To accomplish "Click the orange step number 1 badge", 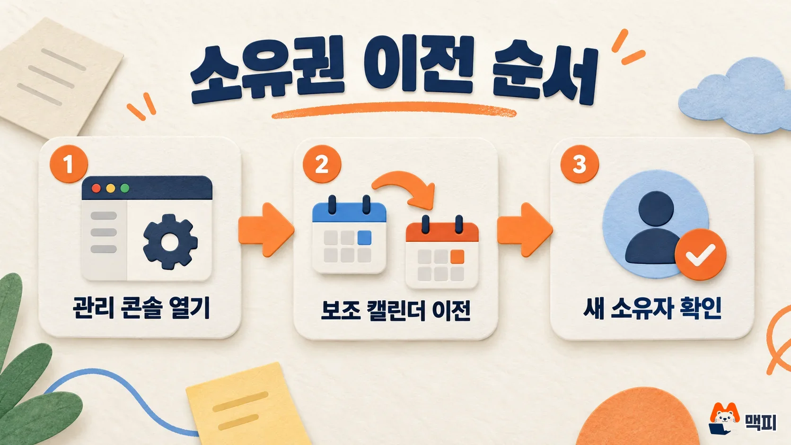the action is point(69,164).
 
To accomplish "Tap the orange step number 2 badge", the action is point(322,164).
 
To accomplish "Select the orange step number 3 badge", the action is point(580,164).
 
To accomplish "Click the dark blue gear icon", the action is point(170,242).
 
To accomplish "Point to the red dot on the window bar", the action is point(96,188).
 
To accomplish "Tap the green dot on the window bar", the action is point(124,188).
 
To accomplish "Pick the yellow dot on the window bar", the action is point(111,188).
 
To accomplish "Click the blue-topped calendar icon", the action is point(349,234).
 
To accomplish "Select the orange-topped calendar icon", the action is point(442,252).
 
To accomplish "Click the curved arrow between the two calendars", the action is point(406,181).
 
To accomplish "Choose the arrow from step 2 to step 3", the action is point(525,229).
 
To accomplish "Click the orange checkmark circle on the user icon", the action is point(701,254).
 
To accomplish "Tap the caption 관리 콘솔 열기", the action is point(141,308).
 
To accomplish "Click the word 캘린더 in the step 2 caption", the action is point(396,311).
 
